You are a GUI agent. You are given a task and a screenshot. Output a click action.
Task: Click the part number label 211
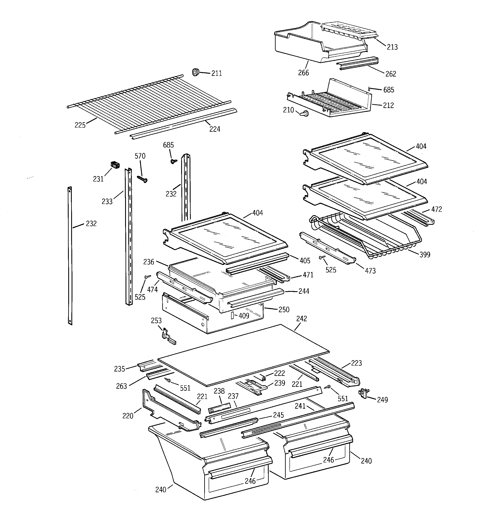click(216, 74)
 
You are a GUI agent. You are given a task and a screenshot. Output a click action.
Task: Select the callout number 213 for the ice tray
click(392, 47)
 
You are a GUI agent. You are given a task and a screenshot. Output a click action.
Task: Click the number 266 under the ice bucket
click(303, 73)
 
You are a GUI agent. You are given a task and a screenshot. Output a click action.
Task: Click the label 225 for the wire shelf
click(80, 125)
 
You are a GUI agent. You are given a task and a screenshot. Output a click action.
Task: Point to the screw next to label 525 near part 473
click(322, 258)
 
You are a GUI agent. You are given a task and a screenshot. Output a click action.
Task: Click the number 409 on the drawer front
click(244, 316)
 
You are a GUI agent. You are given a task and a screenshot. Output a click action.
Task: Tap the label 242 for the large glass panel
click(301, 319)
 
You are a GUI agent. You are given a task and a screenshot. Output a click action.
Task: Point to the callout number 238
click(219, 391)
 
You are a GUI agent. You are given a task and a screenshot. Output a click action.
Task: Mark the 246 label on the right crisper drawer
click(328, 460)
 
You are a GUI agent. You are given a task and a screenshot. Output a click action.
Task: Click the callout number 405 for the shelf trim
click(305, 261)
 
